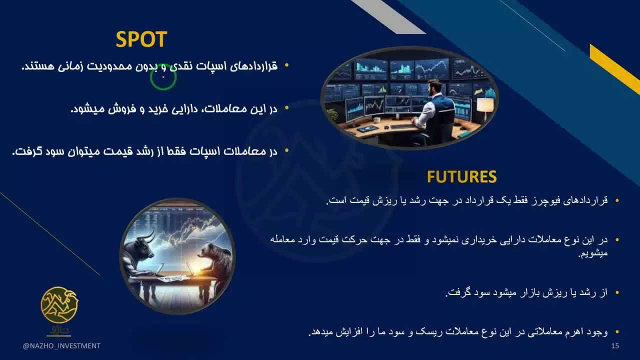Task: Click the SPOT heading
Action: point(141,39)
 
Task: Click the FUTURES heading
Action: point(461,176)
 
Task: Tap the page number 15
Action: point(615,346)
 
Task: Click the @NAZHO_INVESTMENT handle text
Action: point(61,346)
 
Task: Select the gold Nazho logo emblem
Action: point(59,305)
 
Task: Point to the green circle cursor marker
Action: point(163,77)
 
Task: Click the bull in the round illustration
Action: point(141,252)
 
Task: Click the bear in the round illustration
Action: point(214,256)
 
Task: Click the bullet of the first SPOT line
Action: point(286,65)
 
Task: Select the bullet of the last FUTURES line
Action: point(617,332)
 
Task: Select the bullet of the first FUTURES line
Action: point(617,200)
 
